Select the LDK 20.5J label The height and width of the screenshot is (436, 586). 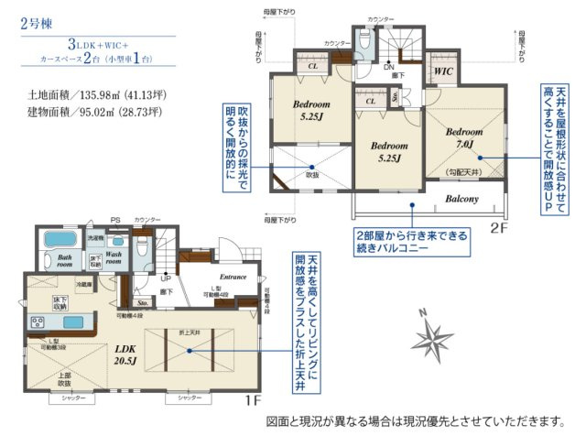126,354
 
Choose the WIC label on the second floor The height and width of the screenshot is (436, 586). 444,70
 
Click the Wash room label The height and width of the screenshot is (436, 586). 114,257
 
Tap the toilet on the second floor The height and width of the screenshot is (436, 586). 365,39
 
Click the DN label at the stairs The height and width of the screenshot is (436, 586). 388,67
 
